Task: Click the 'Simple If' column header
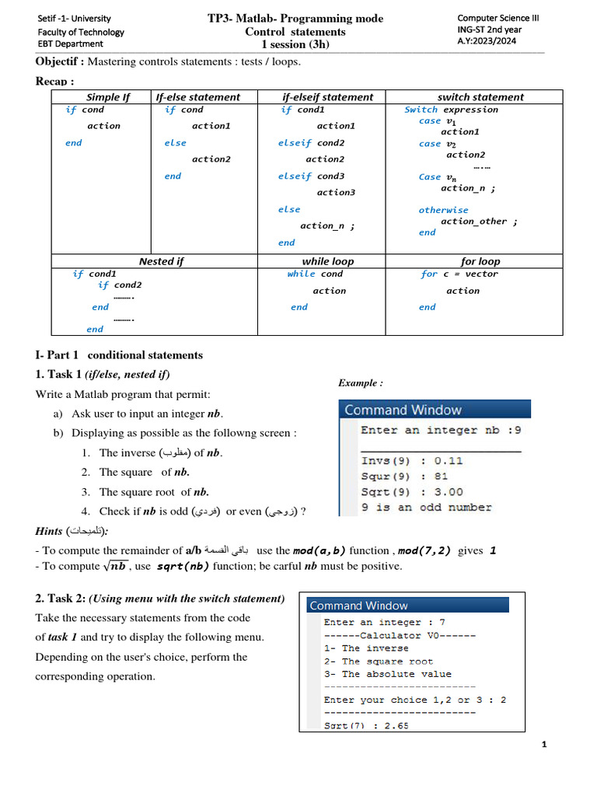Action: click(108, 97)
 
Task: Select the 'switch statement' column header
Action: click(480, 97)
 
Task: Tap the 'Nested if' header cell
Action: click(161, 261)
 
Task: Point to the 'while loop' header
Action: click(327, 261)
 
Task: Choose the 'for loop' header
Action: click(480, 261)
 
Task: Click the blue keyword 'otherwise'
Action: click(443, 210)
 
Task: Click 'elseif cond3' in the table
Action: click(311, 176)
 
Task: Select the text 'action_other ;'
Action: click(479, 222)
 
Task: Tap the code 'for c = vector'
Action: click(459, 274)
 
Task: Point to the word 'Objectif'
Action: click(59, 62)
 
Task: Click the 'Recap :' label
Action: click(54, 81)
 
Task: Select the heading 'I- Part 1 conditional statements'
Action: click(119, 355)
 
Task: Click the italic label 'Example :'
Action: click(360, 383)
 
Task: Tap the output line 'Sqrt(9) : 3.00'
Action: click(412, 491)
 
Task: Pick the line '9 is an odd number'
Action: click(426, 508)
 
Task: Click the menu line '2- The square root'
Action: click(379, 662)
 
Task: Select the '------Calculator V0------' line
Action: click(400, 635)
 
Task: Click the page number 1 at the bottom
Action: click(544, 745)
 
